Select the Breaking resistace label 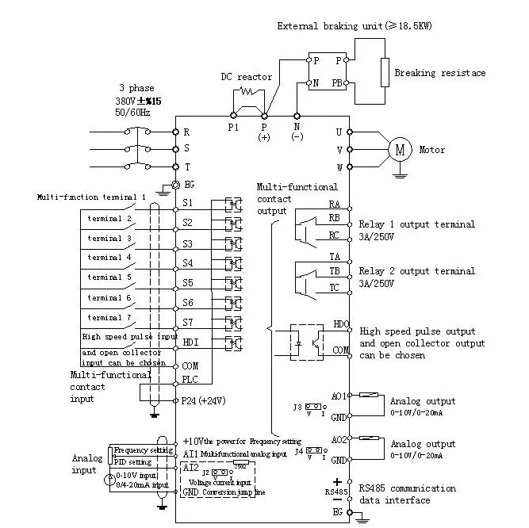click(439, 73)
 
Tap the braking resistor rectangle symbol click(385, 72)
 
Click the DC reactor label click(246, 78)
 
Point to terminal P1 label click(233, 127)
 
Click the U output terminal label click(339, 132)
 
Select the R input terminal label click(187, 132)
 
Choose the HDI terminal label click(191, 343)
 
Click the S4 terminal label click(188, 262)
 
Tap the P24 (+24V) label click(204, 400)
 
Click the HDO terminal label click(340, 324)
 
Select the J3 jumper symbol click(314, 407)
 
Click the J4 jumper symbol click(314, 451)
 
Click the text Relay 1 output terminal click(416, 224)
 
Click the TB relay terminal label click(335, 271)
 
